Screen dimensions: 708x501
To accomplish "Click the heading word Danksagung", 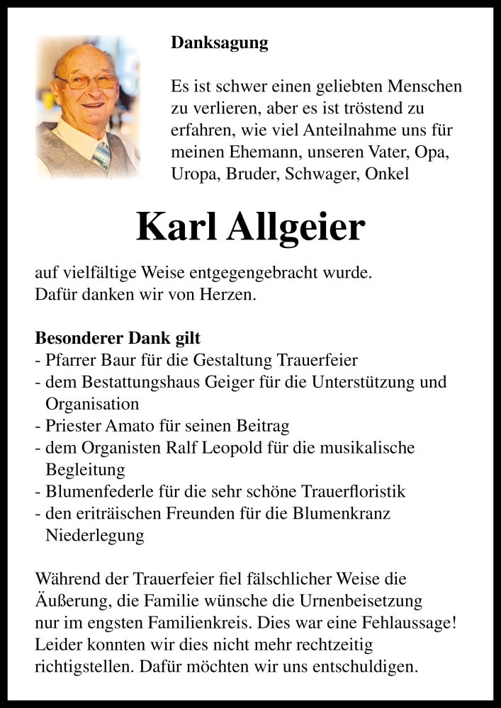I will point(220,43).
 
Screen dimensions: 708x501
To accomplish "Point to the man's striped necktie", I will point(102,155).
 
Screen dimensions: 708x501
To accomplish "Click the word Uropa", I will point(196,174).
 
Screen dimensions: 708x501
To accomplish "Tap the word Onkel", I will point(388,174).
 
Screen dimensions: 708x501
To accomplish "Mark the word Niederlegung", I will point(95,536).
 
